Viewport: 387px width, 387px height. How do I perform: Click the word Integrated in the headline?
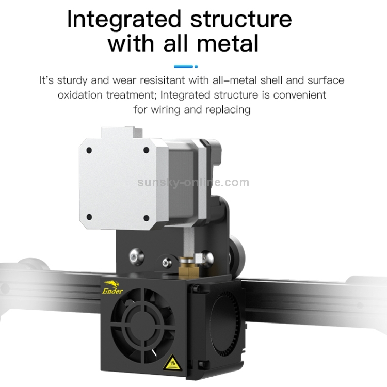coord(124,20)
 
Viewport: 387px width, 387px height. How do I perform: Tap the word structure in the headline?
coord(241,19)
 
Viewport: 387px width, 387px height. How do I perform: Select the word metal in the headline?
coord(228,43)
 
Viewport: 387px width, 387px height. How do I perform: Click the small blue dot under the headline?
coord(196,66)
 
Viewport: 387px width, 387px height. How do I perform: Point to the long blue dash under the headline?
coord(183,66)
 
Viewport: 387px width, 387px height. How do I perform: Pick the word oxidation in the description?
coord(80,95)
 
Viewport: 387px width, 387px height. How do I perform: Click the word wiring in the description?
coord(165,110)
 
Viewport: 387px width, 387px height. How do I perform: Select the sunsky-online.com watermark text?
coord(193,182)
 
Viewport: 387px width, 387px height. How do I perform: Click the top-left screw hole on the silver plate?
coord(89,150)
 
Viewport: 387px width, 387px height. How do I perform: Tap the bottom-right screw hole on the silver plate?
coord(147,218)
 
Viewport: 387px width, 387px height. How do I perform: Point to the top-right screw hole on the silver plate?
coord(147,150)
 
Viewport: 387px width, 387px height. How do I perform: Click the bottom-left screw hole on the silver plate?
coord(89,217)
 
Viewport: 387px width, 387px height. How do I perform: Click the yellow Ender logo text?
coord(112,291)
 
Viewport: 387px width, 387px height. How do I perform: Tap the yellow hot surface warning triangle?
coord(173,363)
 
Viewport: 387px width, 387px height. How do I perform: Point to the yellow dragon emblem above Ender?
coord(111,284)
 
